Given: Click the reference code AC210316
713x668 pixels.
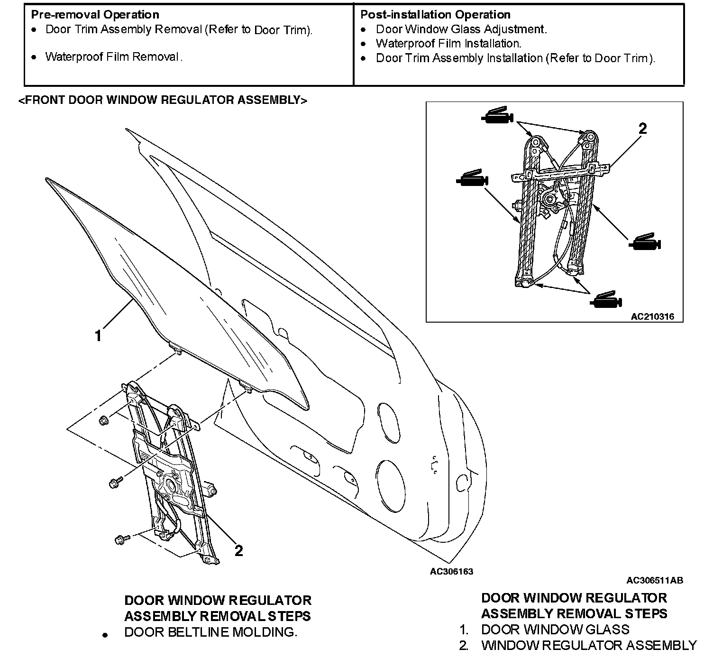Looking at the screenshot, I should (x=652, y=316).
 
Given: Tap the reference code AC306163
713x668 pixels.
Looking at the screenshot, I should (x=451, y=572).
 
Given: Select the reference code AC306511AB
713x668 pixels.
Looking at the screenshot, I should (x=655, y=580).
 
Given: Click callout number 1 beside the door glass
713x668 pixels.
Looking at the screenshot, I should (x=98, y=336).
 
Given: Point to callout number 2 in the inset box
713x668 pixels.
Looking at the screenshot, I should (x=642, y=129).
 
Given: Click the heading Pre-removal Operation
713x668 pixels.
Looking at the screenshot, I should (x=95, y=15).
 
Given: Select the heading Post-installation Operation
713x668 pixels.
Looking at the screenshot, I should (x=435, y=15).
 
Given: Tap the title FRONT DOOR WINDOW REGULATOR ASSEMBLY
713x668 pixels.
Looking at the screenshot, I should (x=162, y=100).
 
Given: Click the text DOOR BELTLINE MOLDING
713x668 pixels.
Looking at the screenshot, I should (x=210, y=632).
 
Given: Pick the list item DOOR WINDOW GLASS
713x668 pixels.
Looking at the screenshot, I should (x=555, y=630).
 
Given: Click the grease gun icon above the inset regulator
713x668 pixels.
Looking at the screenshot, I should (x=497, y=116).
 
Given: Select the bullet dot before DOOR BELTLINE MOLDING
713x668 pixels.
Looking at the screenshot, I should (x=106, y=635).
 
